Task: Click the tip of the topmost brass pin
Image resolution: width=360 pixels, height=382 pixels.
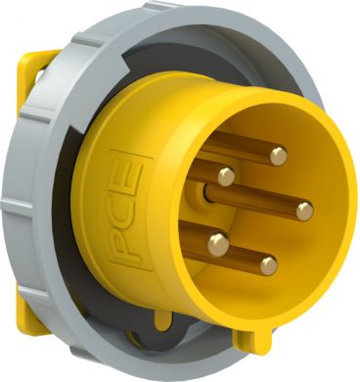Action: (279, 154)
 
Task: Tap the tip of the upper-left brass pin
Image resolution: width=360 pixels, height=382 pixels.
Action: (226, 176)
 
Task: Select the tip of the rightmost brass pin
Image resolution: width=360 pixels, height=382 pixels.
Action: (304, 210)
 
